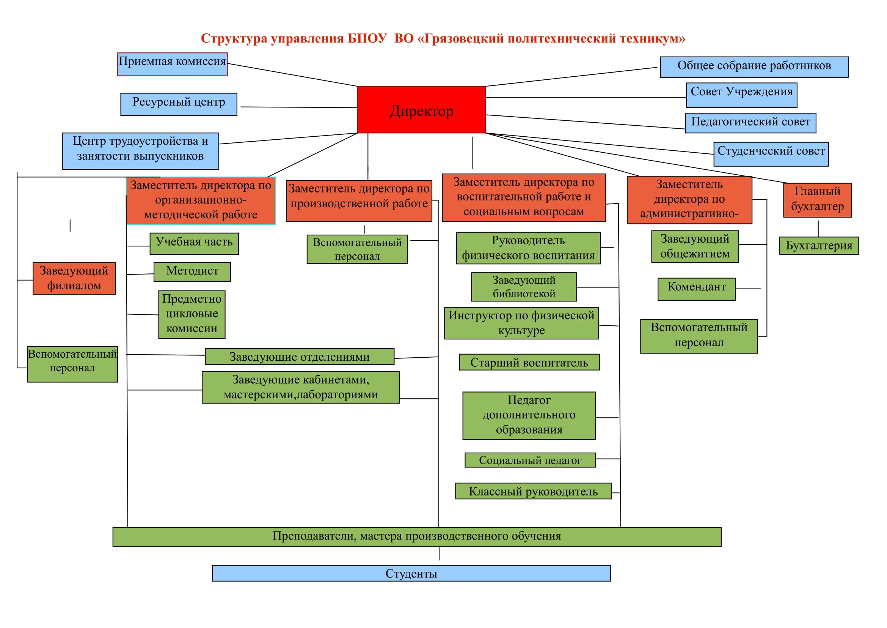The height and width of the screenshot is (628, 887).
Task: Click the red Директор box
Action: (421, 110)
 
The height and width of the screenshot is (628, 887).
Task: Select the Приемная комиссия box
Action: (172, 65)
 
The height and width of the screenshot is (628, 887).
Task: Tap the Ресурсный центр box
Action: (179, 104)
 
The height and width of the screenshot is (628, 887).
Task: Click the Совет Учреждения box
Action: (741, 95)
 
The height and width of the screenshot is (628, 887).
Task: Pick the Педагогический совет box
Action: (750, 123)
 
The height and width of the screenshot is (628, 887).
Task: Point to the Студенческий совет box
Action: (771, 154)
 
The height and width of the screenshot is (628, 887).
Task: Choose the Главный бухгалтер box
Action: (817, 200)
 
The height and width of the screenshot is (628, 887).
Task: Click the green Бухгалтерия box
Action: (819, 246)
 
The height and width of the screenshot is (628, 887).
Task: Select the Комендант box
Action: (696, 289)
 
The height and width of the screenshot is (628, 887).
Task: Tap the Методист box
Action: (192, 272)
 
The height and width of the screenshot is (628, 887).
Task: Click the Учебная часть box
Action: (194, 244)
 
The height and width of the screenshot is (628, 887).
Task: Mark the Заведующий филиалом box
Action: (74, 278)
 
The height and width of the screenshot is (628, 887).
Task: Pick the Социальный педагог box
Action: (530, 460)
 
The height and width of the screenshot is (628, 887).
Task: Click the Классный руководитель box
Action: (533, 491)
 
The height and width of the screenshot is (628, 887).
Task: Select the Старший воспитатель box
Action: (529, 362)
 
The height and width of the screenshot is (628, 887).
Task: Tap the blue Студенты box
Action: (411, 573)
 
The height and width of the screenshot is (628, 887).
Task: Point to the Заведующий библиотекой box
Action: (523, 287)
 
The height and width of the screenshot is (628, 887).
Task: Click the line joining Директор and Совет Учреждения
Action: (585, 98)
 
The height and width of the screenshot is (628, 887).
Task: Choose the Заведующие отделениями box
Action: (300, 357)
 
